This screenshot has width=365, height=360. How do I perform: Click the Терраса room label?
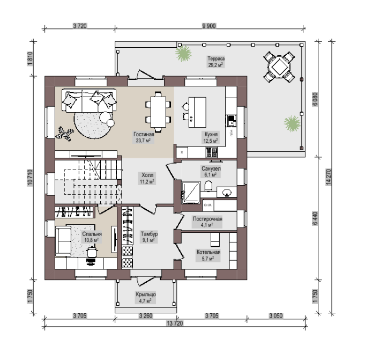(x=216, y=62)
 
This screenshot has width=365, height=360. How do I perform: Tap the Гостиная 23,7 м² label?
(x=144, y=137)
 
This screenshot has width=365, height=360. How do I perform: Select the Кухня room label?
(x=211, y=137)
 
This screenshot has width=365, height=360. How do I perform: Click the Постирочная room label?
(x=207, y=222)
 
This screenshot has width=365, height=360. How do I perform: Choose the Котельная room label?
(x=208, y=255)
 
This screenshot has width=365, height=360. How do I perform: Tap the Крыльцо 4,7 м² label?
(x=146, y=298)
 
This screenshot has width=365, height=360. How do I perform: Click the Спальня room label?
(x=92, y=237)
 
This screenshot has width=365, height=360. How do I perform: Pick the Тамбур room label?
(x=149, y=237)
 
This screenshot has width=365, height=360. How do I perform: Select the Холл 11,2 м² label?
(x=147, y=178)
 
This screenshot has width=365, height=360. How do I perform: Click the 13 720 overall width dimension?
(x=175, y=323)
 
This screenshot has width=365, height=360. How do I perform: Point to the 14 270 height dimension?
(x=329, y=177)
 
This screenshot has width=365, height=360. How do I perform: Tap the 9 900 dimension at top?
(x=209, y=26)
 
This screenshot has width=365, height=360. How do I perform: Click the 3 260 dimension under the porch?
(x=146, y=315)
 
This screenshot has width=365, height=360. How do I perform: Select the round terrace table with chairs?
(x=279, y=68)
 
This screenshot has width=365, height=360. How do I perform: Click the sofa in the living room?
(x=89, y=100)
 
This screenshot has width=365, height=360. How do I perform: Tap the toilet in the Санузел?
(x=208, y=186)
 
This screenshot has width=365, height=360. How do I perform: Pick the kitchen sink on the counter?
(x=232, y=121)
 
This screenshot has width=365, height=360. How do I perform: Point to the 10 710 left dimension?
(x=30, y=178)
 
